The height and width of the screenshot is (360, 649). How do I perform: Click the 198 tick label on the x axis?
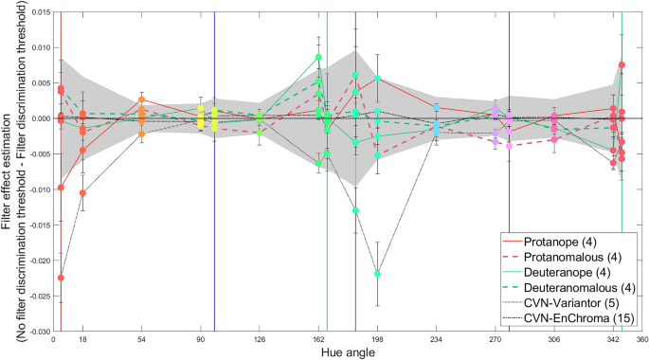(x=377, y=339)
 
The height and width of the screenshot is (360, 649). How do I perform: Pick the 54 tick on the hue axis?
(x=141, y=339)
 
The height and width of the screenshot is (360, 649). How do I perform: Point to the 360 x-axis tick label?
(x=641, y=339)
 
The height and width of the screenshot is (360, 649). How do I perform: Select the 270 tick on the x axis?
(x=495, y=339)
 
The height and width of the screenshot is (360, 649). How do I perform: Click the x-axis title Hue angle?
(x=346, y=351)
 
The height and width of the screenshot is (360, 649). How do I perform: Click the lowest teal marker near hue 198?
(x=377, y=274)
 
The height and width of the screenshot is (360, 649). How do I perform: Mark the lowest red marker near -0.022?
(x=61, y=278)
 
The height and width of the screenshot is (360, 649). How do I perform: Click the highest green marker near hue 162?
(x=319, y=58)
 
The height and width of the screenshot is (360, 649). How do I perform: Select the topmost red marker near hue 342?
(x=622, y=65)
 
